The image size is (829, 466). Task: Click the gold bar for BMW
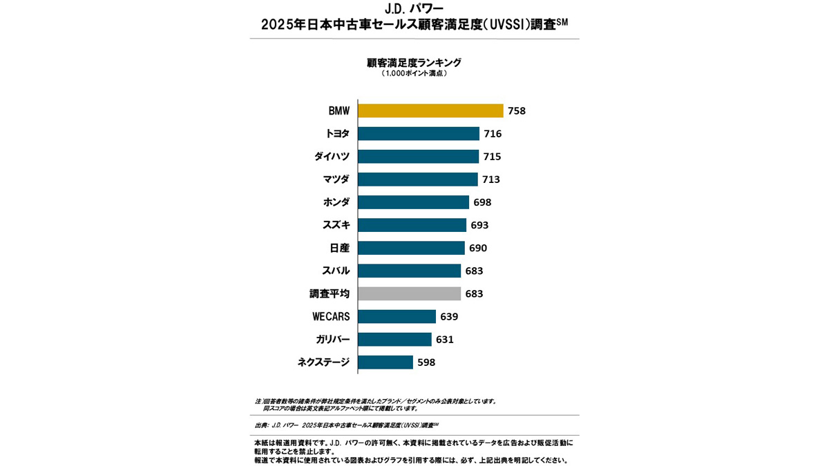coord(430,110)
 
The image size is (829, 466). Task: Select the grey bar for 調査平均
coord(409,293)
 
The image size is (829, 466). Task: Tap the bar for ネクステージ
coord(385,362)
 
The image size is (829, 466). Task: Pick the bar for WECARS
coord(397,316)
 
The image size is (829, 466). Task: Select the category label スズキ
coord(336,225)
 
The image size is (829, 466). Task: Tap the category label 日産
coord(340,248)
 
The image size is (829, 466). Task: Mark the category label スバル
coord(336,271)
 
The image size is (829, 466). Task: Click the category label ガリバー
coord(332,339)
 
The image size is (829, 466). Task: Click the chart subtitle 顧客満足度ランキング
coord(414,62)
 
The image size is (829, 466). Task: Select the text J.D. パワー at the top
coord(414,10)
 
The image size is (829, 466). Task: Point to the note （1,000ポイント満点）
coord(414,73)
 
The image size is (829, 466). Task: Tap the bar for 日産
coord(411,248)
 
